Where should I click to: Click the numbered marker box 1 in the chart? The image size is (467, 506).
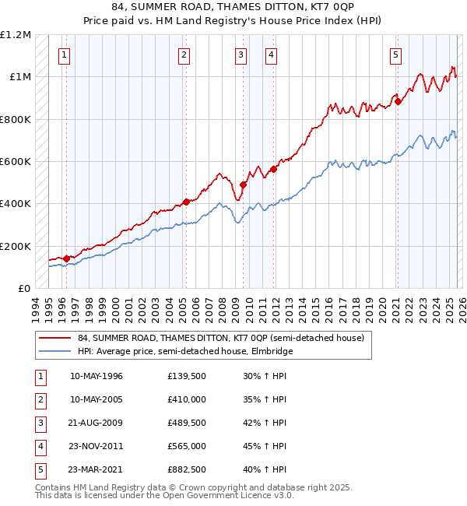(63, 54)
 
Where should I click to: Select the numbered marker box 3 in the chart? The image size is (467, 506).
(241, 54)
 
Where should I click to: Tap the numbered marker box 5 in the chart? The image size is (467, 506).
(396, 54)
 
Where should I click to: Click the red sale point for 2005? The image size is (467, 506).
(186, 202)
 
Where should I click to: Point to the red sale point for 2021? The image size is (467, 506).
(398, 101)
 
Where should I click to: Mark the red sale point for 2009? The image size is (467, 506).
(243, 185)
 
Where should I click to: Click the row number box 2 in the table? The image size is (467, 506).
(39, 399)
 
